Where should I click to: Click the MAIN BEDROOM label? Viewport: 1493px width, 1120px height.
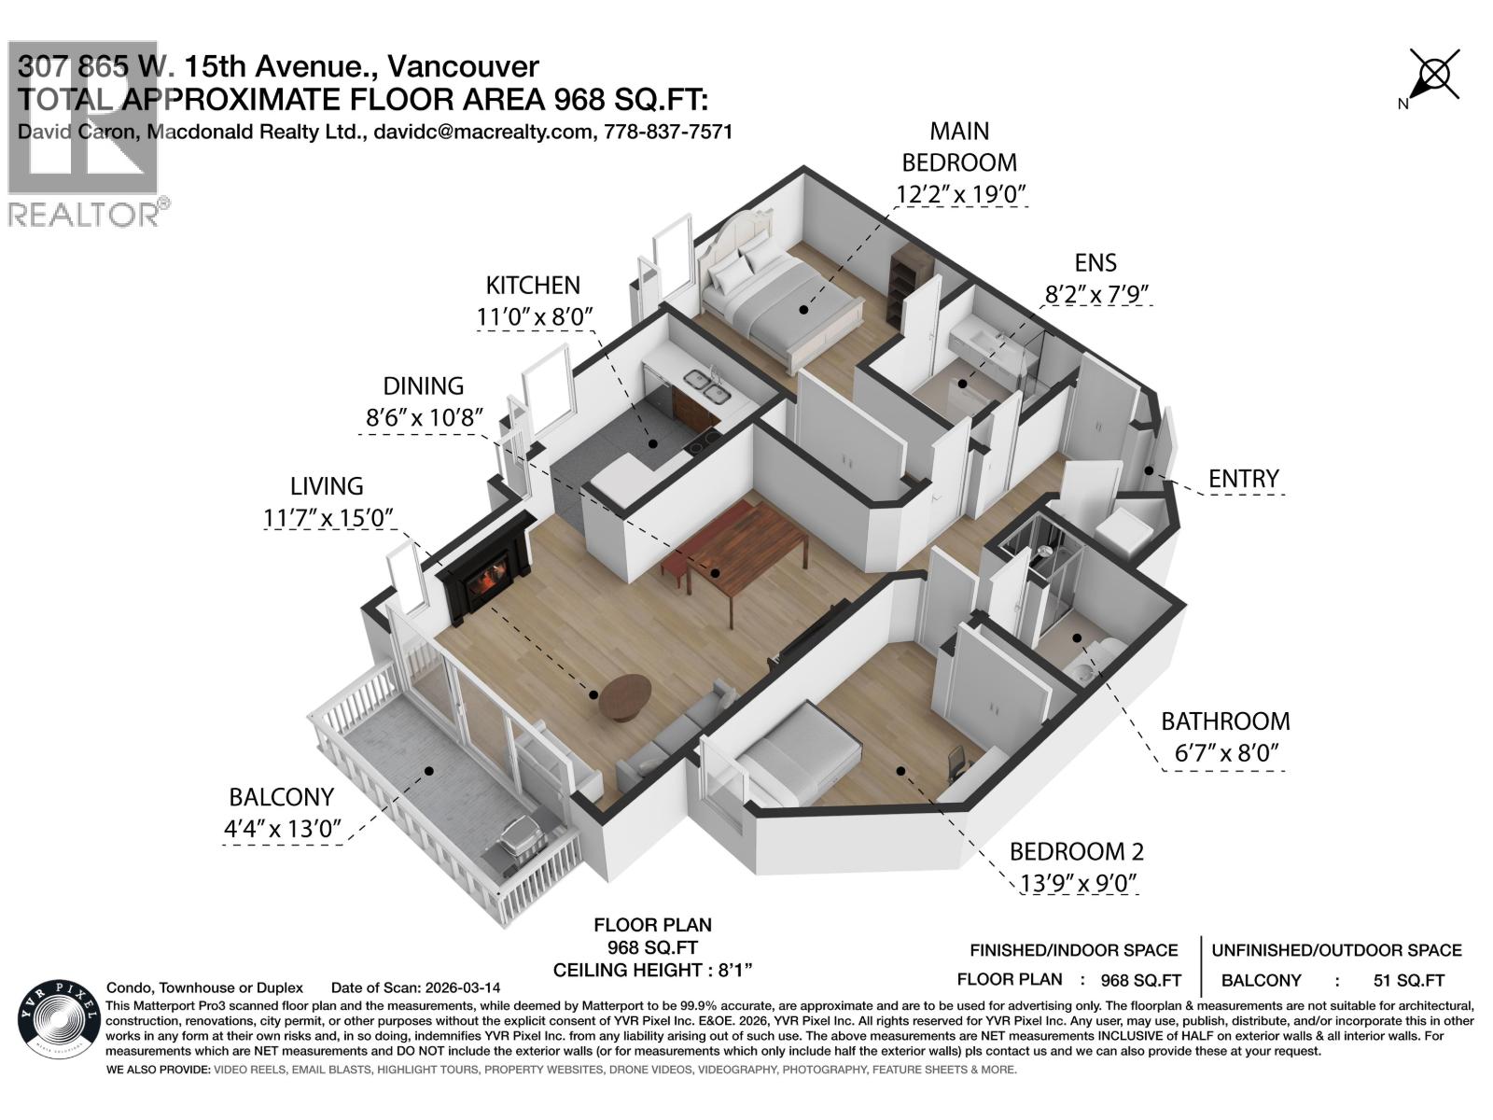tap(958, 147)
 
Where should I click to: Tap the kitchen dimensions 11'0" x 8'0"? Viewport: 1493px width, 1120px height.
tap(535, 317)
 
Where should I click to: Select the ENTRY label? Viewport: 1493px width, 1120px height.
tap(1243, 479)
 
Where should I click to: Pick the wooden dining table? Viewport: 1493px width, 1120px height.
tap(737, 551)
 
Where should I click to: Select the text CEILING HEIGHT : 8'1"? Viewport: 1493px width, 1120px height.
tap(652, 970)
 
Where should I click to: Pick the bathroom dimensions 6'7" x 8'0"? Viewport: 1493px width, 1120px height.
tap(1224, 752)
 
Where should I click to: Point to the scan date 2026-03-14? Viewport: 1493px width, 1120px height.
tap(462, 987)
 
